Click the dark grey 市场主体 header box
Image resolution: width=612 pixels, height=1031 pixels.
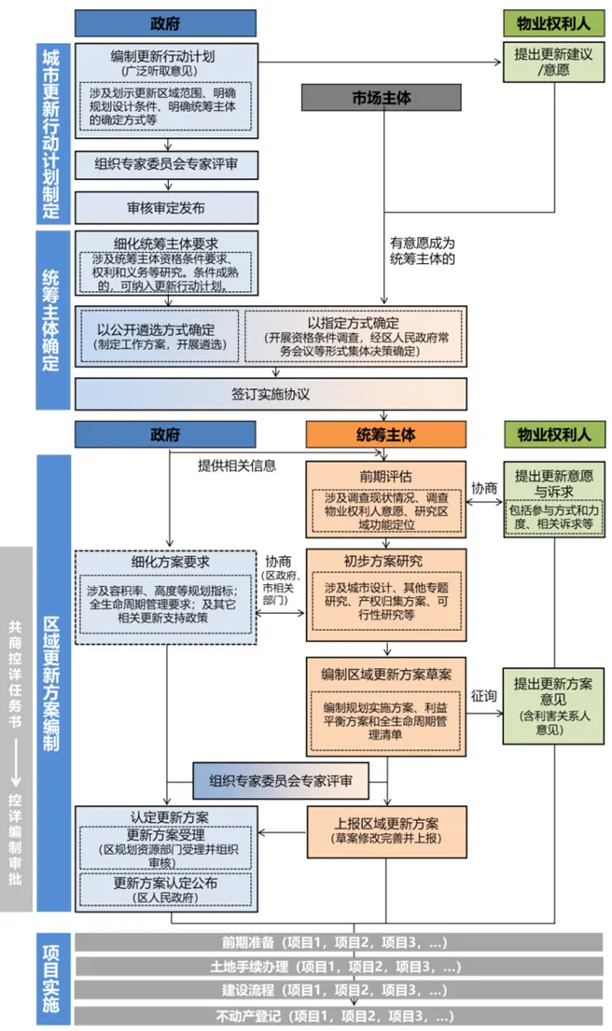coord(381,97)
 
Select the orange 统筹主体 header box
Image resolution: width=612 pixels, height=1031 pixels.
coord(386,434)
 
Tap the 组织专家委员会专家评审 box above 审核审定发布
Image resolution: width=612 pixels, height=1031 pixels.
coord(165,164)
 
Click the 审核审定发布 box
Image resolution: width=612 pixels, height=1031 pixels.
coord(165,207)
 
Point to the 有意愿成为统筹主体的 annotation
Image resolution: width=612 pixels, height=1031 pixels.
coord(423,251)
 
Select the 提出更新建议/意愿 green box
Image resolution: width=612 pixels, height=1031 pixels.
coord(549,62)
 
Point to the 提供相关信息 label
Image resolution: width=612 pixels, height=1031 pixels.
coord(237,465)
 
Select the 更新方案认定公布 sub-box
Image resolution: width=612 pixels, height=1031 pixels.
coord(165,890)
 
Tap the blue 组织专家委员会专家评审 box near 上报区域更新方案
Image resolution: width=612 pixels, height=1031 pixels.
coord(280,780)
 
